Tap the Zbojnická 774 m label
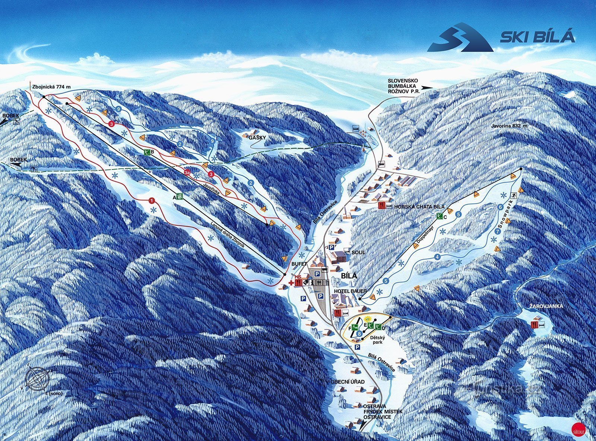point(51,87)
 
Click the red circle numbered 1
point(152,200)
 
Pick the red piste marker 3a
point(187,172)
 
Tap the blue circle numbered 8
point(359,333)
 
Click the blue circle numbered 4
point(437,257)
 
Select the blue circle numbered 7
point(498,231)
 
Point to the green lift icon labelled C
point(440,216)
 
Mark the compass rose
point(37,378)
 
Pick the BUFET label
point(298,263)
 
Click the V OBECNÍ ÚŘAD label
point(345,382)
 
